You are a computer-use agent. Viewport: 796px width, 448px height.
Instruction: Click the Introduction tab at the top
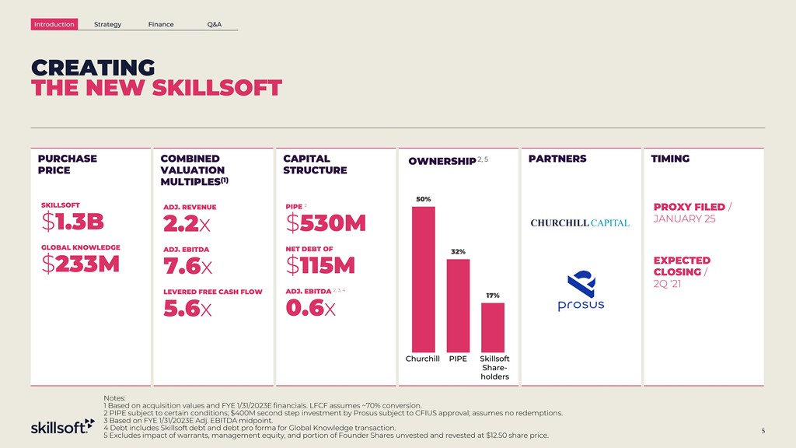(x=54, y=24)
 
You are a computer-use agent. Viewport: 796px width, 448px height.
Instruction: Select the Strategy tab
(x=107, y=24)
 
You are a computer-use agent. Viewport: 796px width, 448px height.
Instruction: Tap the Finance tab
(x=161, y=24)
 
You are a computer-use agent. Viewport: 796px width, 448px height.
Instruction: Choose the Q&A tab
(x=215, y=24)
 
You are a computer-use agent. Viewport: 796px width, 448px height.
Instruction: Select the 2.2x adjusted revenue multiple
(x=186, y=225)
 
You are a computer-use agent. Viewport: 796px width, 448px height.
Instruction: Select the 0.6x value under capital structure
(x=310, y=309)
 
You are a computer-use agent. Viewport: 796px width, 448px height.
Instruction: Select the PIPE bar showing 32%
(x=458, y=306)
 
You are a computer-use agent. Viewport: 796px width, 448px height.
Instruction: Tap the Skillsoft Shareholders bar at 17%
(x=493, y=327)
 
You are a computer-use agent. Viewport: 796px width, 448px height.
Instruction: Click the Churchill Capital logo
(x=580, y=224)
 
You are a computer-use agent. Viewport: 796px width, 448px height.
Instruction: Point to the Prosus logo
(x=580, y=292)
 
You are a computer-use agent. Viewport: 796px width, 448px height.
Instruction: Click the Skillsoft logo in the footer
(x=62, y=427)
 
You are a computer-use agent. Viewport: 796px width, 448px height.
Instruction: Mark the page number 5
(x=763, y=431)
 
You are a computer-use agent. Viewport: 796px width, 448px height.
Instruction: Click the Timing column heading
(x=670, y=159)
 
